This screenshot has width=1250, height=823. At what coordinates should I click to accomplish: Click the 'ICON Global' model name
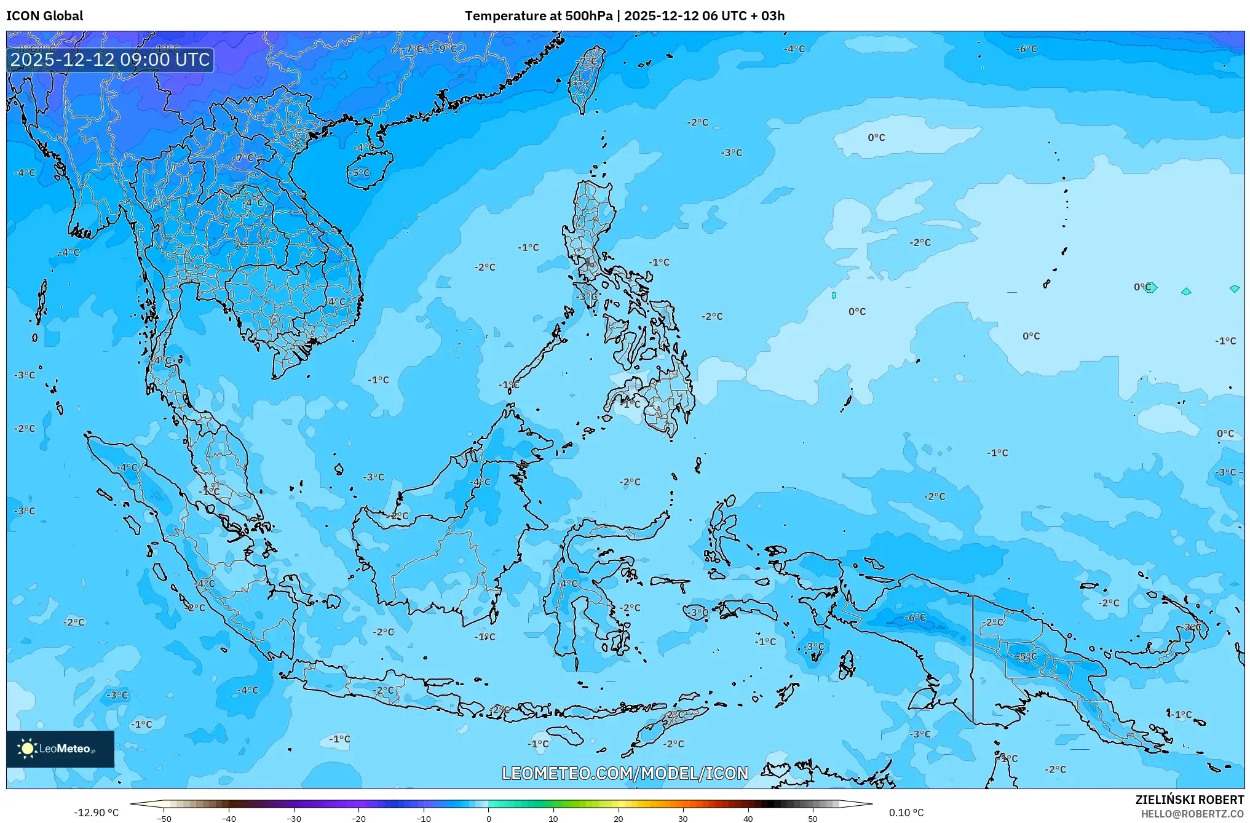44,16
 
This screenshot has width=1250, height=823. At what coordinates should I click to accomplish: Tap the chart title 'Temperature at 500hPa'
538,16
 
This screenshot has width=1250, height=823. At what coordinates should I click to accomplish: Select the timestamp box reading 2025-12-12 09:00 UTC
110,60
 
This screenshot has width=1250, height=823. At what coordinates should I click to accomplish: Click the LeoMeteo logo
60,749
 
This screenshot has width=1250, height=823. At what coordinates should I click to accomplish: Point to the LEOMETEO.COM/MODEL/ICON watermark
625,773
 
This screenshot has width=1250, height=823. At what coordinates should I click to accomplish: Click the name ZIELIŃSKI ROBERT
1189,800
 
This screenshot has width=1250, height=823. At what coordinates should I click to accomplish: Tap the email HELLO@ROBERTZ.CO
1192,814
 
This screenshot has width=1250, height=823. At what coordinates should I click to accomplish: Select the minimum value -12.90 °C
97,813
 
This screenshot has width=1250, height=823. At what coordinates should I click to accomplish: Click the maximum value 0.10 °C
906,813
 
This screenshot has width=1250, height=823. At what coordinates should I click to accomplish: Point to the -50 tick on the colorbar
164,818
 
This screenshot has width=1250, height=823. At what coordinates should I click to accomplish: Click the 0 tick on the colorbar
489,818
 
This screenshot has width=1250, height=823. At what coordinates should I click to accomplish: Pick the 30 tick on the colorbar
683,818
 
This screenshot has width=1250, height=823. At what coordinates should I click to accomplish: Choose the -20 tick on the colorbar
358,818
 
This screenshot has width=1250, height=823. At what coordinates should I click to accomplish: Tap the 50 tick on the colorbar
813,818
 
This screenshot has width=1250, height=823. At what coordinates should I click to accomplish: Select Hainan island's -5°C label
360,173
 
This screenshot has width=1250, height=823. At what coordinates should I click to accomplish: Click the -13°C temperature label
167,49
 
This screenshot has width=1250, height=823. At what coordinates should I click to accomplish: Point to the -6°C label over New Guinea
915,617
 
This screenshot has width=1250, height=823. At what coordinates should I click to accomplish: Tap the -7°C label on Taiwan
588,60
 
